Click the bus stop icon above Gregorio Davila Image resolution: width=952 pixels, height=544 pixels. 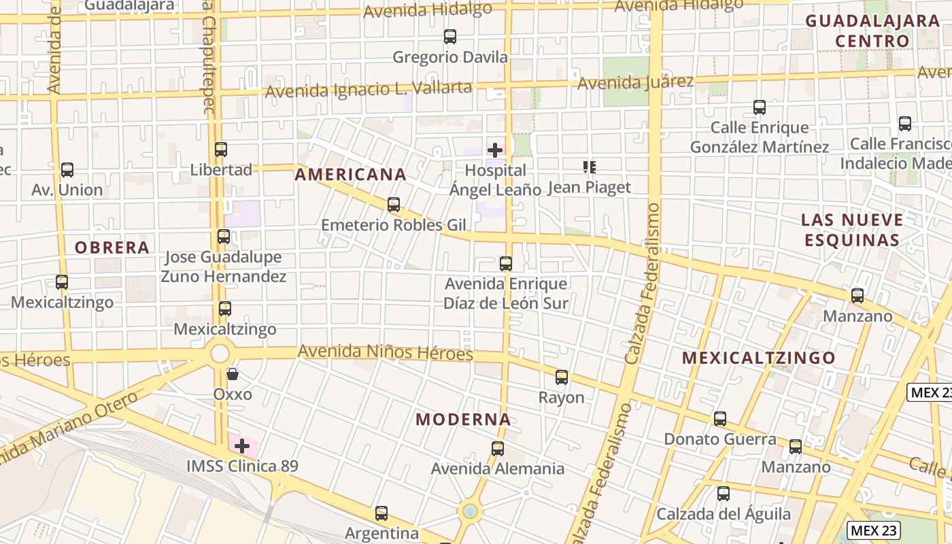click(x=449, y=37)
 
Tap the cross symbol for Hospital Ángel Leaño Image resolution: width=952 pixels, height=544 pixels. click(x=495, y=150)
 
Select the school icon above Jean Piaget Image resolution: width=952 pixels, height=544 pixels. click(x=590, y=167)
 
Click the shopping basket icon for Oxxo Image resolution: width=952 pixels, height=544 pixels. click(x=233, y=374)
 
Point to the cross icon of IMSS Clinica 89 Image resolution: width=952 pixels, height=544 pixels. click(x=242, y=446)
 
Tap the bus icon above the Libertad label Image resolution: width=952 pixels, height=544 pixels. click(x=221, y=150)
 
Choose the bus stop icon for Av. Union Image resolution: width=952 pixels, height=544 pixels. click(x=67, y=170)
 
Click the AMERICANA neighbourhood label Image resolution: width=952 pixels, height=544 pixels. click(x=350, y=175)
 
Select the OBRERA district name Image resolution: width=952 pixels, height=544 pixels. click(x=112, y=248)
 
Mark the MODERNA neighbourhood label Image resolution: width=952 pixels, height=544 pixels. click(x=463, y=420)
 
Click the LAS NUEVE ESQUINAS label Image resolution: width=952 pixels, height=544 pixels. click(x=852, y=230)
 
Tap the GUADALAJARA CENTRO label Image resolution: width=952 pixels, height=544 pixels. click(x=872, y=31)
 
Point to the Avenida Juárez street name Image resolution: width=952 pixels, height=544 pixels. click(x=635, y=83)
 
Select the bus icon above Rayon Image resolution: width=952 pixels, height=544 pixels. click(x=561, y=377)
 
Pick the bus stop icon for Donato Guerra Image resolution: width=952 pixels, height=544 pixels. click(x=720, y=419)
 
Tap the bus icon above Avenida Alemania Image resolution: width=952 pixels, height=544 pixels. click(x=498, y=449)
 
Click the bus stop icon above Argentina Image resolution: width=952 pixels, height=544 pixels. click(x=381, y=513)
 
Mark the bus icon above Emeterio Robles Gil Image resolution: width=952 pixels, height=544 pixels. click(x=393, y=204)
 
